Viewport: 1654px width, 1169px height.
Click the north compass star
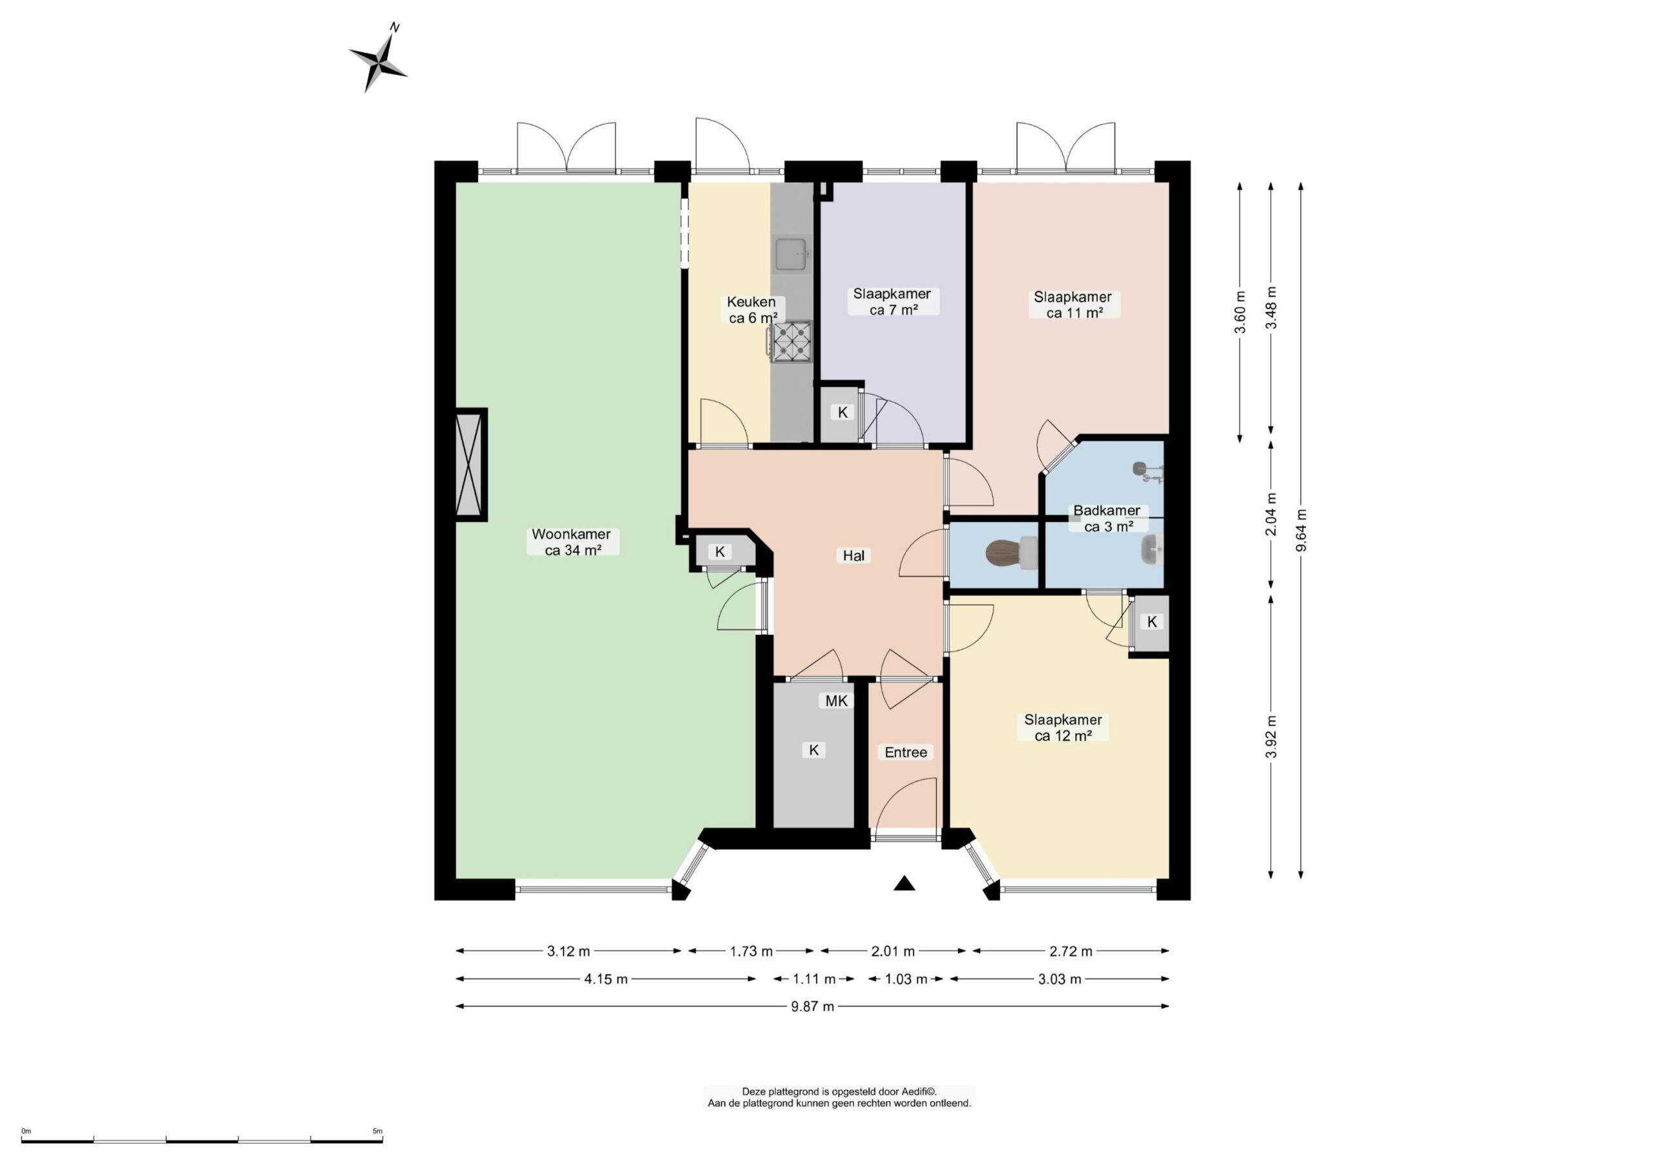point(377,63)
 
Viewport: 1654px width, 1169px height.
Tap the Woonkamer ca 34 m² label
point(572,543)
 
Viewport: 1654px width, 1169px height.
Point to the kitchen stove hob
point(790,342)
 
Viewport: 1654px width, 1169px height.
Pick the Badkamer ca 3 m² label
point(1107,519)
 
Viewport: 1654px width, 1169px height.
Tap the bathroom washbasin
point(1151,550)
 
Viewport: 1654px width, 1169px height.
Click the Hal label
point(853,555)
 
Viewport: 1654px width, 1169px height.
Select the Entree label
point(906,752)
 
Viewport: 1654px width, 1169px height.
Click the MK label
point(836,701)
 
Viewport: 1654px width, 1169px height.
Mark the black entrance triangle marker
point(904,884)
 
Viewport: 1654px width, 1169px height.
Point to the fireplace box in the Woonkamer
point(471,464)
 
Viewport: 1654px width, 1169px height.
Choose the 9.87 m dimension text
point(813,1006)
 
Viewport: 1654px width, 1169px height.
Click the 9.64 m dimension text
point(1301,530)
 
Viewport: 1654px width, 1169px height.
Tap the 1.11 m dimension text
point(814,979)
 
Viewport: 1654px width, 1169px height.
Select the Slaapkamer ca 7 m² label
point(892,302)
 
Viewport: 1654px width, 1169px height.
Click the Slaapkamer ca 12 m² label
point(1063,727)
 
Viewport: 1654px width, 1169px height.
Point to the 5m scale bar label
point(377,1132)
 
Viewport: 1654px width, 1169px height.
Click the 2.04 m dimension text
point(1272,514)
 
